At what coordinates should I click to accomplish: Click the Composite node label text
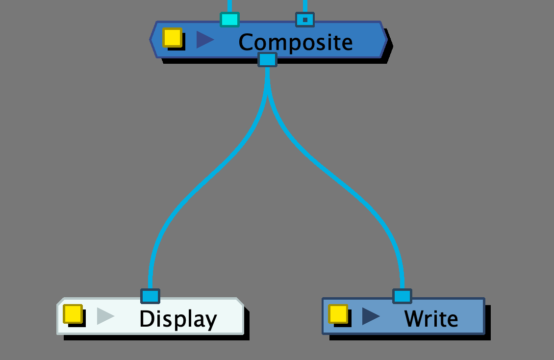pos(295,42)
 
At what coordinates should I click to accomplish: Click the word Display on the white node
pos(178,319)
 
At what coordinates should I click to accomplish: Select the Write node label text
pos(431,319)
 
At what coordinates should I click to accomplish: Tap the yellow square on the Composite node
pos(172,37)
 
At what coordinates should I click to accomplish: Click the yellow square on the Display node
pos(73,314)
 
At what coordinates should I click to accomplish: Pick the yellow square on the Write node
pos(338,314)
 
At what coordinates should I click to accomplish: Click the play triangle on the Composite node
pos(204,40)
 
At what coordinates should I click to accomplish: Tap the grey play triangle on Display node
pos(105,316)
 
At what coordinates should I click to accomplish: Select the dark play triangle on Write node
pos(370,316)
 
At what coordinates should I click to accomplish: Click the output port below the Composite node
pos(267,60)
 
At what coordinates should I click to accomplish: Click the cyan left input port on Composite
pos(229,20)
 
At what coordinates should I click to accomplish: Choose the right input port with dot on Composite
pos(305,20)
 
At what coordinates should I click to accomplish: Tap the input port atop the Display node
pos(150,296)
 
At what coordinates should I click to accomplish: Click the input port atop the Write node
pos(402,296)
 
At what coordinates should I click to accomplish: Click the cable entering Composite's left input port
pos(229,5)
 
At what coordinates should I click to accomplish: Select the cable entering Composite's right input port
pos(305,5)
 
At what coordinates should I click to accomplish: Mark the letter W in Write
pos(414,319)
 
